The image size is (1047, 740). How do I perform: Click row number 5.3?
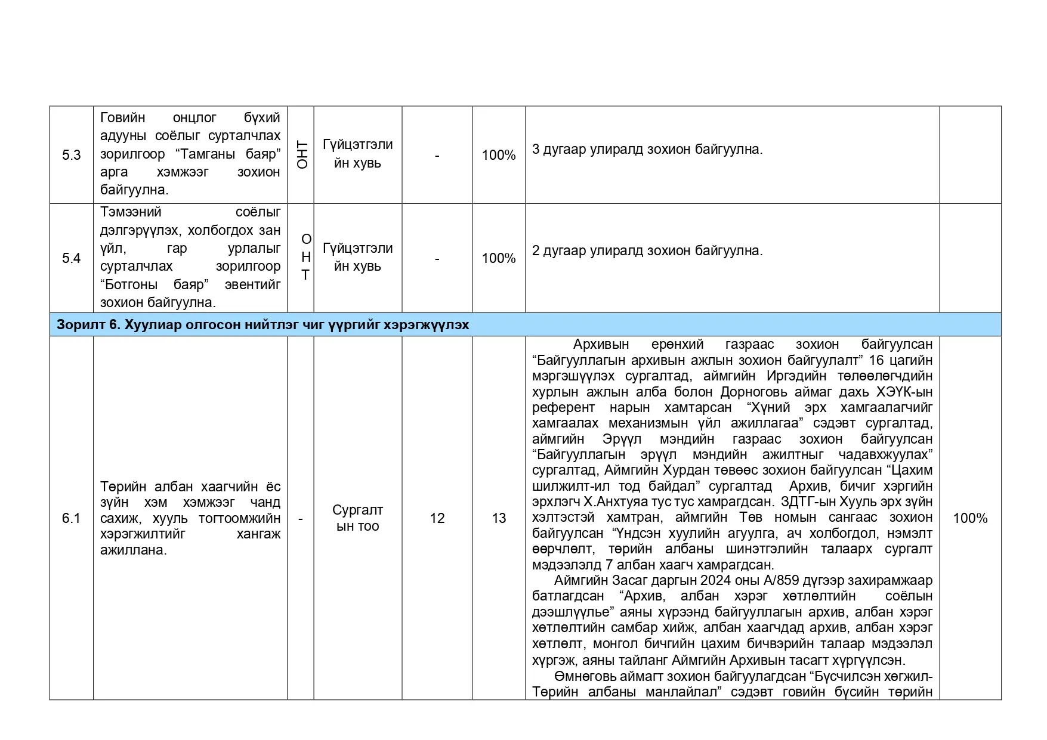tap(71, 155)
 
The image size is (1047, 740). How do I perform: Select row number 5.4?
tap(71, 258)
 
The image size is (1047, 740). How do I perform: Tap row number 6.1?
tap(71, 518)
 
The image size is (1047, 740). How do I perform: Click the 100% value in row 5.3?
tap(499, 155)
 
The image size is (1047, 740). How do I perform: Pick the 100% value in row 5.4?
tap(499, 258)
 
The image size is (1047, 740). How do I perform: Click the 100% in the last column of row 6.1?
tap(970, 518)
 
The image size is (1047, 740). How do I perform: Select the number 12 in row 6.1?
tap(437, 518)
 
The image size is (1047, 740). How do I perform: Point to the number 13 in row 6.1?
tap(499, 518)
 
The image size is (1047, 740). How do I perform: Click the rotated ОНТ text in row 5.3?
tap(302, 155)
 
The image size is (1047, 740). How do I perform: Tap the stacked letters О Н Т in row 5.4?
tap(305, 257)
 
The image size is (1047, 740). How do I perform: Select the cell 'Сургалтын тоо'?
tap(357, 518)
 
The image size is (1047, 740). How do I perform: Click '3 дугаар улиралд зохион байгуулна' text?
tap(647, 149)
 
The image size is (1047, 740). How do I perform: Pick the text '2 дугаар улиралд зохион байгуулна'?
tap(647, 250)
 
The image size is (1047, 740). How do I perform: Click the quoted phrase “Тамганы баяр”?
tap(228, 154)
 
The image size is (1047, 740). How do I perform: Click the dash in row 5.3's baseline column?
tap(437, 155)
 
